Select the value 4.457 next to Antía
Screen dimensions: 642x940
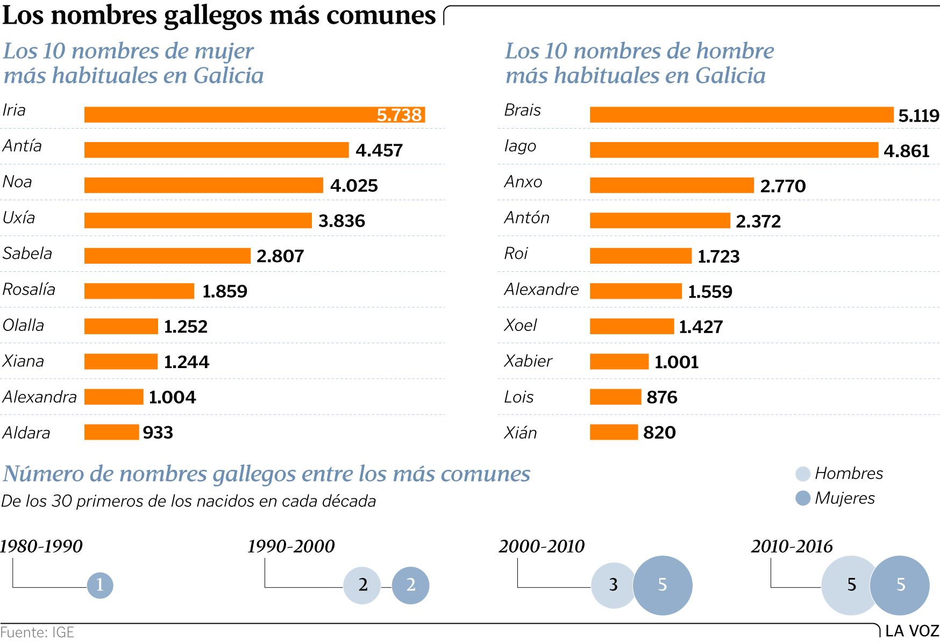coord(379,150)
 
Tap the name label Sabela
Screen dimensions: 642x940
coord(27,253)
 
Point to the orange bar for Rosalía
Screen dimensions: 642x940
coord(139,291)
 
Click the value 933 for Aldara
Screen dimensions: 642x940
coord(158,433)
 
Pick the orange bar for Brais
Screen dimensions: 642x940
coord(741,115)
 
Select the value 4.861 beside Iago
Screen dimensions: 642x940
coord(907,151)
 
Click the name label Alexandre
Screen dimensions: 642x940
coord(542,290)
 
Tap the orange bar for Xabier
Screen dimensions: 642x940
coord(619,362)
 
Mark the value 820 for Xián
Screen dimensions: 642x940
coord(659,433)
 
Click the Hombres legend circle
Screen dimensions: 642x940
coord(803,474)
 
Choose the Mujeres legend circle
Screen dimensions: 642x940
coord(803,498)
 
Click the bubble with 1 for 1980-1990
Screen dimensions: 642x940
coord(100,585)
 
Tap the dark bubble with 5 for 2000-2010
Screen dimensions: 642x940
coord(663,585)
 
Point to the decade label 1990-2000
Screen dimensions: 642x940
coord(291,547)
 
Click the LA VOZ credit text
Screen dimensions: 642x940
coord(911,631)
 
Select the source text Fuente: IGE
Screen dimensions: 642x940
coord(37,632)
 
